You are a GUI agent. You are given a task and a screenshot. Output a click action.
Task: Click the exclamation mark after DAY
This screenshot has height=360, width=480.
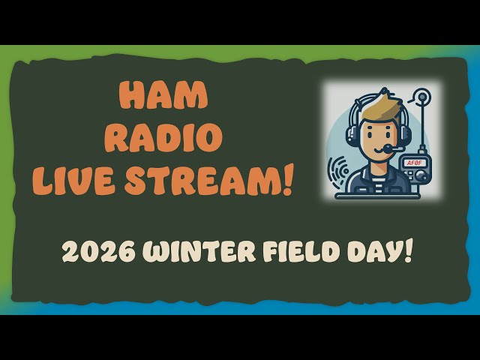pyautogui.click(x=408, y=250)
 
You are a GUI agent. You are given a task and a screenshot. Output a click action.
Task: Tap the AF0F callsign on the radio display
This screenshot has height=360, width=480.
pyautogui.click(x=414, y=162)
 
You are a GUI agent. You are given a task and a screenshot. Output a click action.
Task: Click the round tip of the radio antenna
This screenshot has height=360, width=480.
pyautogui.click(x=423, y=97)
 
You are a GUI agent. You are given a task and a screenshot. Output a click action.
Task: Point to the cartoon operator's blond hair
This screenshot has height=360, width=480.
pyautogui.click(x=376, y=105)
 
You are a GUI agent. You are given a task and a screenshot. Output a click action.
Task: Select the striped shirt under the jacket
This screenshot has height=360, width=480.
pyautogui.click(x=377, y=180)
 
